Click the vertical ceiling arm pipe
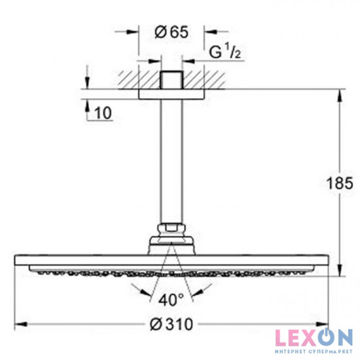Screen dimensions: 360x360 (x=172, y=164)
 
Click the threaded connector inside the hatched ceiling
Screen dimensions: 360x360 (x=172, y=79)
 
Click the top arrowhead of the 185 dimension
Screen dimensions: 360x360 (x=339, y=94)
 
